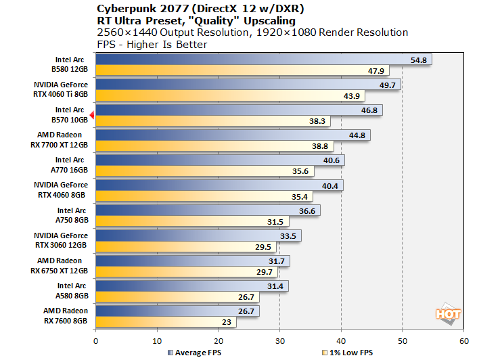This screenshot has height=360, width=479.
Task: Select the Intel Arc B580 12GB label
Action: [70, 64]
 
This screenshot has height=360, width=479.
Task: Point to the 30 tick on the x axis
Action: [279, 340]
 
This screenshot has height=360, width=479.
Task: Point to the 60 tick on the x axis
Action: [463, 340]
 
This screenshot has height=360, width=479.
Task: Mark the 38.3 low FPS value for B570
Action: [318, 121]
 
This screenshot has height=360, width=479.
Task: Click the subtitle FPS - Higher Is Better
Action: [152, 45]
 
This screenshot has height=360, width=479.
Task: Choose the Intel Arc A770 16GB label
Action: [70, 164]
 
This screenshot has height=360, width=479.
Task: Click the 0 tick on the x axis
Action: [96, 340]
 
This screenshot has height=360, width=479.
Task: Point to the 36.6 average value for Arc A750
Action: [307, 210]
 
